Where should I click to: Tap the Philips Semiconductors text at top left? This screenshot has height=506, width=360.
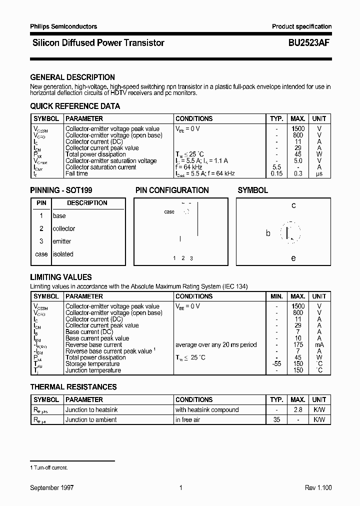pyautogui.click(x=63, y=26)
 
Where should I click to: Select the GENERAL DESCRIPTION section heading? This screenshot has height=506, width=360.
pyautogui.click(x=72, y=77)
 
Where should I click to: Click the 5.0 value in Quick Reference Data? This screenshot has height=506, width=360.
pyautogui.click(x=298, y=161)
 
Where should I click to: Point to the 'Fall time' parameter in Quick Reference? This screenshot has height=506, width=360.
pyautogui.click(x=76, y=173)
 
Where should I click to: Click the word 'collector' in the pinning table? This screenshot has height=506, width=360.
pyautogui.click(x=64, y=228)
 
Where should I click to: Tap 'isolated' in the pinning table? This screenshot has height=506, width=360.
pyautogui.click(x=63, y=254)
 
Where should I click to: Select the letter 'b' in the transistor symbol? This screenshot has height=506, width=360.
pyautogui.click(x=268, y=233)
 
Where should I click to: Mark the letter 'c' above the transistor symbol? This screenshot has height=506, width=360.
pyautogui.click(x=293, y=205)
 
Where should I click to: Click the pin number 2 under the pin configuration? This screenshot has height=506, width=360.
pyautogui.click(x=183, y=258)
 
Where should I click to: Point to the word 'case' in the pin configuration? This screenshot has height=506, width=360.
pyautogui.click(x=169, y=212)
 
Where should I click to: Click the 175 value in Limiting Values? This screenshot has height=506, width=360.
pyautogui.click(x=298, y=344)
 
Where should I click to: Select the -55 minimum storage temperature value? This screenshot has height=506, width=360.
pyautogui.click(x=276, y=364)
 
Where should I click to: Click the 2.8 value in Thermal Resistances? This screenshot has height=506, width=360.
pyautogui.click(x=298, y=409)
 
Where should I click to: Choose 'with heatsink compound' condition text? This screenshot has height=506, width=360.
pyautogui.click(x=207, y=409)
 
